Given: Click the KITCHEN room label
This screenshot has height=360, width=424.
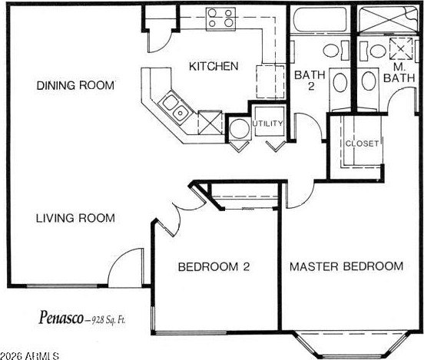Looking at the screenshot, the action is (x=214, y=66).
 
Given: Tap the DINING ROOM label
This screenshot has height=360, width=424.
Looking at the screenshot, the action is (x=75, y=85).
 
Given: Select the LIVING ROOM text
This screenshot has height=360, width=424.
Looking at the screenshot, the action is (x=75, y=218).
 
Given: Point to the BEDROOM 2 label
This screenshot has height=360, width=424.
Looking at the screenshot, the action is (x=214, y=267).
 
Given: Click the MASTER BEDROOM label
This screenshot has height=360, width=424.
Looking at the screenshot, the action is (x=346, y=266).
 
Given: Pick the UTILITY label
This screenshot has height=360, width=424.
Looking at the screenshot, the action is (x=267, y=124).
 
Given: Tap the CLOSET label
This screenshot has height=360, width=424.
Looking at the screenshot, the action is (x=362, y=144).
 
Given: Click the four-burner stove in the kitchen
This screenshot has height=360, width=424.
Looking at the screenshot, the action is (x=220, y=19).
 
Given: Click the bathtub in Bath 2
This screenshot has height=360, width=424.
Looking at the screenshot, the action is (x=320, y=20).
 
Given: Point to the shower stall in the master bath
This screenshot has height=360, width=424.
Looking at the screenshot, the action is (x=388, y=19).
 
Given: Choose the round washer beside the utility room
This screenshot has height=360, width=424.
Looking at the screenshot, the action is (x=239, y=129).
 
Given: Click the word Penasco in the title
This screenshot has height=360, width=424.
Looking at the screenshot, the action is (x=61, y=318).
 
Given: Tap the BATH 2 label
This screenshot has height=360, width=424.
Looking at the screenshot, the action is (x=310, y=81).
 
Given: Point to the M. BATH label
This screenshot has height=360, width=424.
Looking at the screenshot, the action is (x=399, y=73).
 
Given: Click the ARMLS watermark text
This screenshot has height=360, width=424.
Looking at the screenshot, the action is (x=29, y=356).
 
